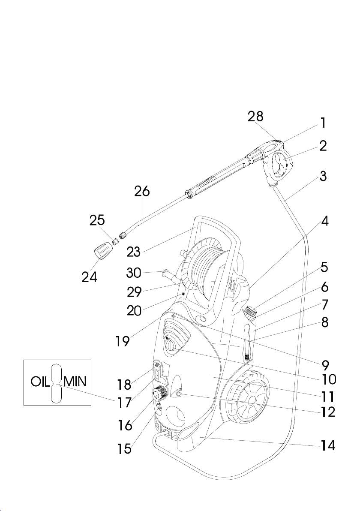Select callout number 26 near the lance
click(142, 192)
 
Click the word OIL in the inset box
click(41, 382)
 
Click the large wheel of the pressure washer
click(246, 396)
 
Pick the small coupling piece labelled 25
click(114, 242)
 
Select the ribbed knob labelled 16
click(159, 391)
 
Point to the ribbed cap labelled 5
click(250, 310)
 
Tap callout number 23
click(133, 252)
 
